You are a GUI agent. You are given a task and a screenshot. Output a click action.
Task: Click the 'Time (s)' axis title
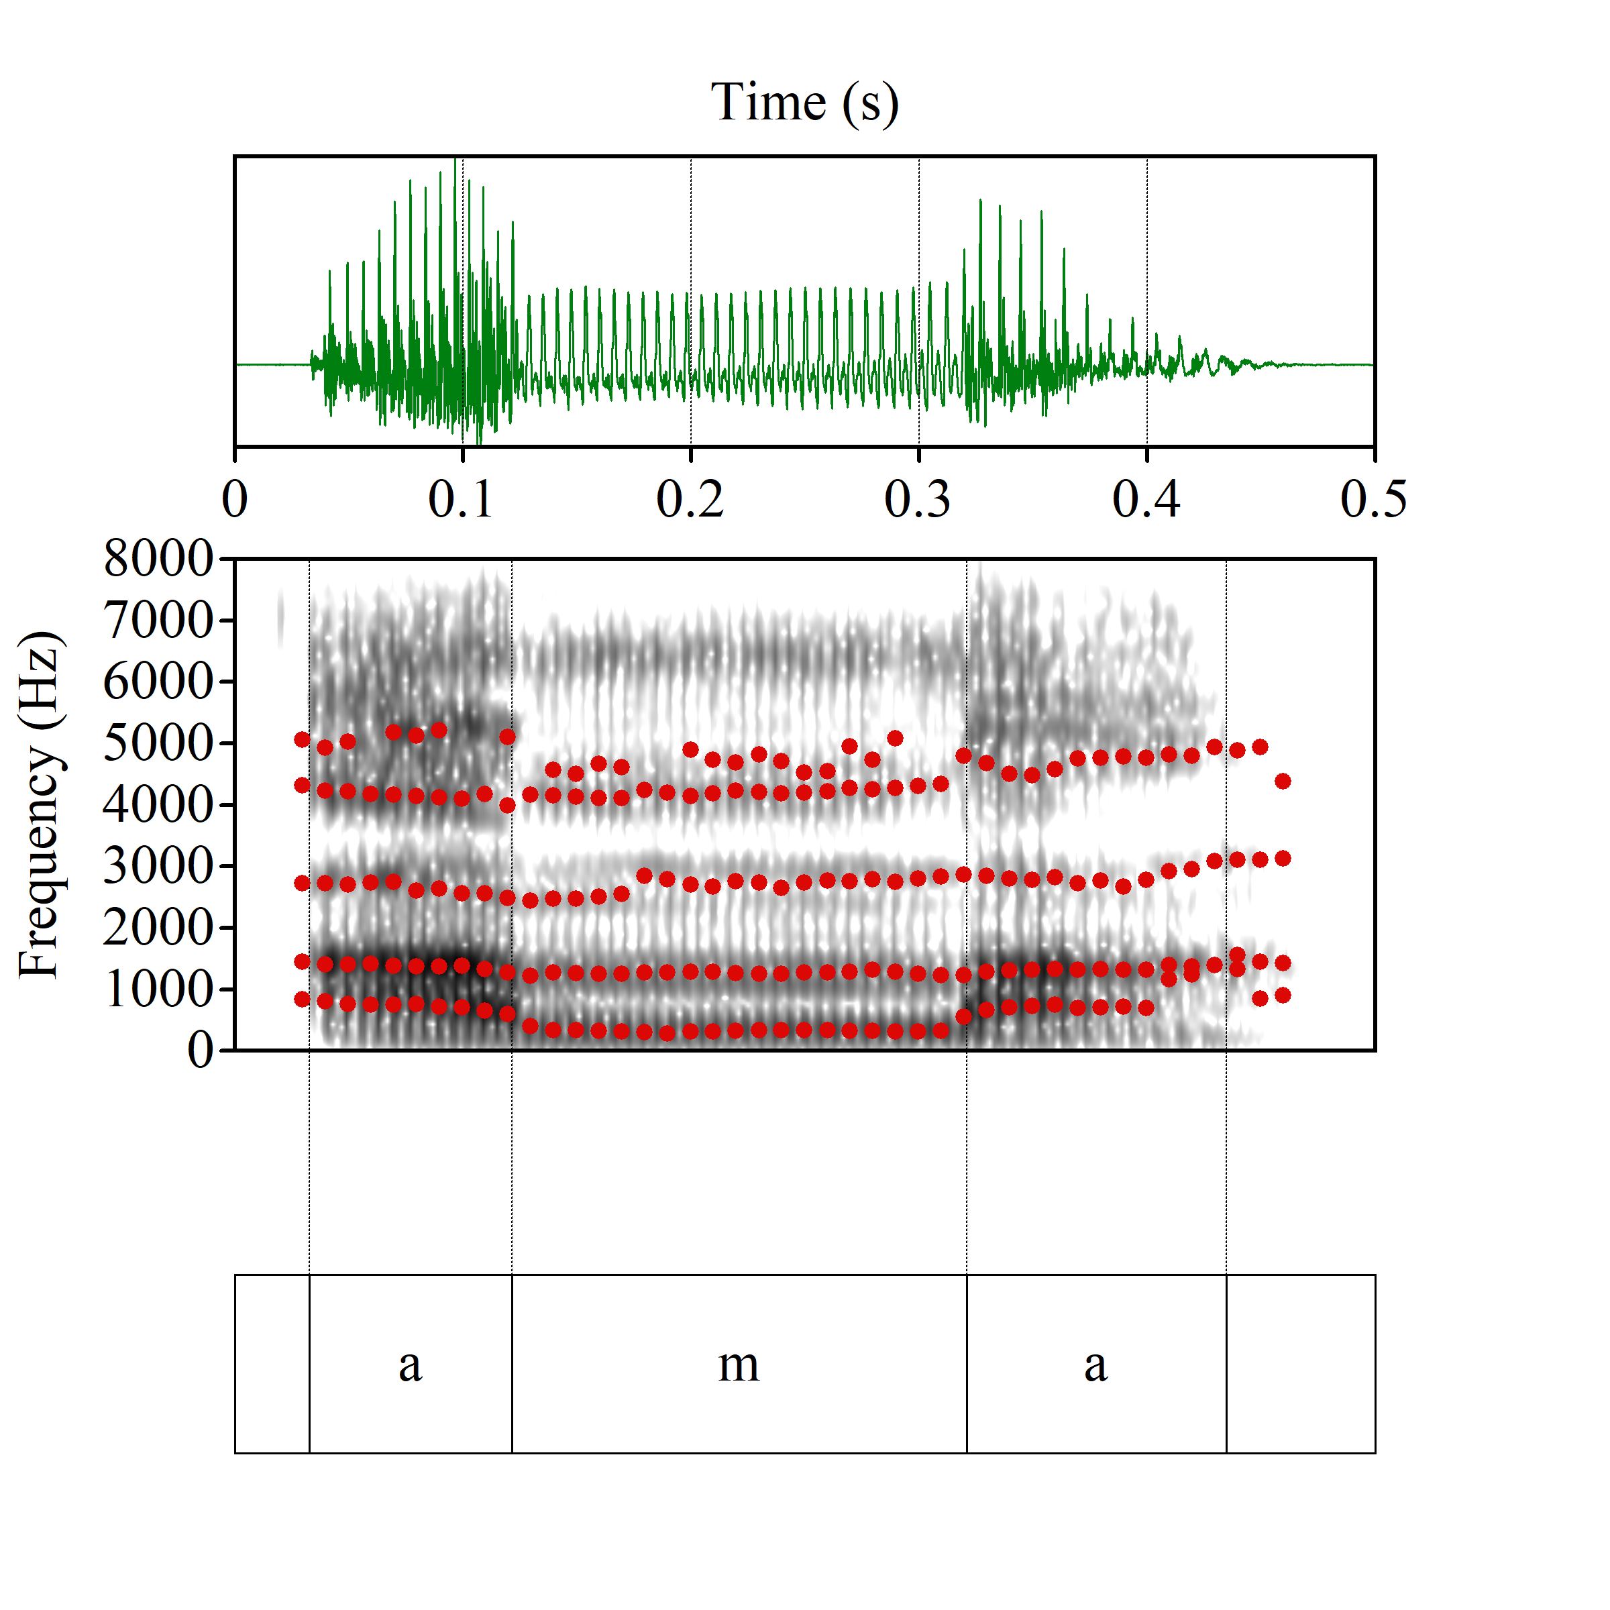pos(804,103)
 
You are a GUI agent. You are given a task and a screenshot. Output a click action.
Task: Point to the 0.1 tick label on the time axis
pos(461,499)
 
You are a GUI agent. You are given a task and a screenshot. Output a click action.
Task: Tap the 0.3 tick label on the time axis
pos(918,499)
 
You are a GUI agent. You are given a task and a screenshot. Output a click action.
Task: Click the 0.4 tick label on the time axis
pos(1146,499)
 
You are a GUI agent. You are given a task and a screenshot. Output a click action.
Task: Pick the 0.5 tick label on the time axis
pos(1373,499)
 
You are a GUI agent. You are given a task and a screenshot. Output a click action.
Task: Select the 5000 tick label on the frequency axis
pos(158,743)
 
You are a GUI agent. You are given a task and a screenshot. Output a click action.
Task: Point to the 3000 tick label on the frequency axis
pos(158,866)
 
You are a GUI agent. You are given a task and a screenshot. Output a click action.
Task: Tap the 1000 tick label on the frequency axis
pos(158,989)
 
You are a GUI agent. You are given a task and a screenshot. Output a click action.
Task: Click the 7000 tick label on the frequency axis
pos(158,620)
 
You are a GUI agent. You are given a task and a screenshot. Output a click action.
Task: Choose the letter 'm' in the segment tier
pos(739,1366)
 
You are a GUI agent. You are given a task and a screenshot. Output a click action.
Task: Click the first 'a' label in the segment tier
pos(410,1366)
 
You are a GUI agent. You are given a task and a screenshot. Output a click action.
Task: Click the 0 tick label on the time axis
pos(235,499)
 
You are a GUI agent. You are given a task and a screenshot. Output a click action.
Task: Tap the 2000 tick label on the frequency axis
pos(158,928)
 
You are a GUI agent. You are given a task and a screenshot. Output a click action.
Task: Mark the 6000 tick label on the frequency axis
pos(158,682)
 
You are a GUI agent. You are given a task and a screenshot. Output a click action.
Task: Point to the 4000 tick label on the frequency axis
pos(158,804)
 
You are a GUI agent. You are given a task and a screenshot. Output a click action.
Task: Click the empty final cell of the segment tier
pos(1300,1364)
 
